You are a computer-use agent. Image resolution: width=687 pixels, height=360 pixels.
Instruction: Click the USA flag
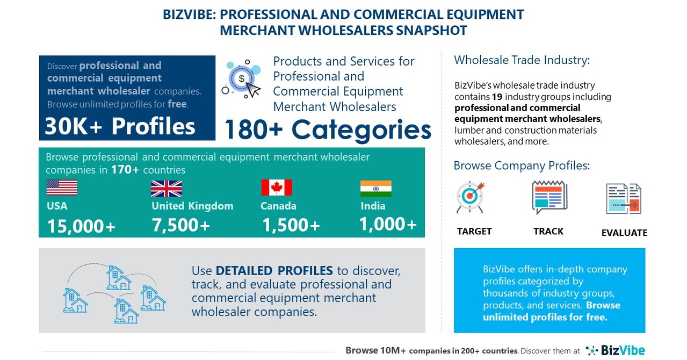(62, 188)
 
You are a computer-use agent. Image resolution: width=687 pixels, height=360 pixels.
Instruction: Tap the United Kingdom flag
(166, 189)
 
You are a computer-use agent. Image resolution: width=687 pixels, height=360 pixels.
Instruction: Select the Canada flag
(277, 188)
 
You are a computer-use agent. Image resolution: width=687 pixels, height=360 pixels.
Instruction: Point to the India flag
(375, 189)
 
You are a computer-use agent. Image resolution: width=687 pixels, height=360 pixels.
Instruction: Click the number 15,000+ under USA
(81, 226)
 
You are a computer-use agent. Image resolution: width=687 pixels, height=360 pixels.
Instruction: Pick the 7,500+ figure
(180, 225)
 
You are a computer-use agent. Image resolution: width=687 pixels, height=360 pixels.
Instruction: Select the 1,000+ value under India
(388, 224)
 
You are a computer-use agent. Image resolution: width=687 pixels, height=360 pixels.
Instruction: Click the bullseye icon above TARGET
(470, 197)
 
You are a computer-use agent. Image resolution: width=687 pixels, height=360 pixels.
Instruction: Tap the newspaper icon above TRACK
(549, 197)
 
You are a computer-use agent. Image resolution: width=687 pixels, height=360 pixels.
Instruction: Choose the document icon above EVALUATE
(624, 199)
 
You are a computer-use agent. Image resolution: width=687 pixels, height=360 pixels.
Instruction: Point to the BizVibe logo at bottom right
(616, 350)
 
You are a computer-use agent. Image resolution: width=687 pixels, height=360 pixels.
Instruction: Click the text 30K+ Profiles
(120, 126)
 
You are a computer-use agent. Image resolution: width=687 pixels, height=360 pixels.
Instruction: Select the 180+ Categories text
(327, 129)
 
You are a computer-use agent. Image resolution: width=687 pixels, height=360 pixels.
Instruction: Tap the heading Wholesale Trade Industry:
(522, 60)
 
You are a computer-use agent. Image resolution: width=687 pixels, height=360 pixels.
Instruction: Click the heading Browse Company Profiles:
(522, 165)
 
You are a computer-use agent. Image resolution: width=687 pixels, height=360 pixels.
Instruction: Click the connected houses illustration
(114, 293)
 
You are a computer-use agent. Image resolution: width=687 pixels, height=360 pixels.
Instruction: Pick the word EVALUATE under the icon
(624, 233)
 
